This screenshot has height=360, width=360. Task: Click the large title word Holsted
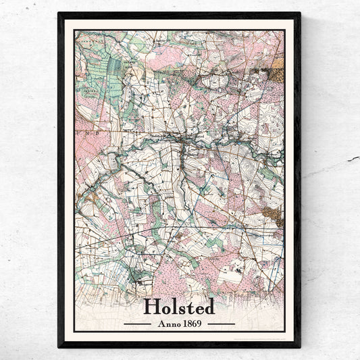[179, 307]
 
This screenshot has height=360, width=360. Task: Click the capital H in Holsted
[151, 307]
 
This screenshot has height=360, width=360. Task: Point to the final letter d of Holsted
[209, 307]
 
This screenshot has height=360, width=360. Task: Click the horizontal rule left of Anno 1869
[137, 324]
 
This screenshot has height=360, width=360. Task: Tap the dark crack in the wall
[352, 159]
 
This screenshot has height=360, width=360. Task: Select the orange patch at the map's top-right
[278, 64]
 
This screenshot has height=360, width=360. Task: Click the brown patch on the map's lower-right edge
[273, 215]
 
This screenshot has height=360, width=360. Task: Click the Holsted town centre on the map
[181, 138]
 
